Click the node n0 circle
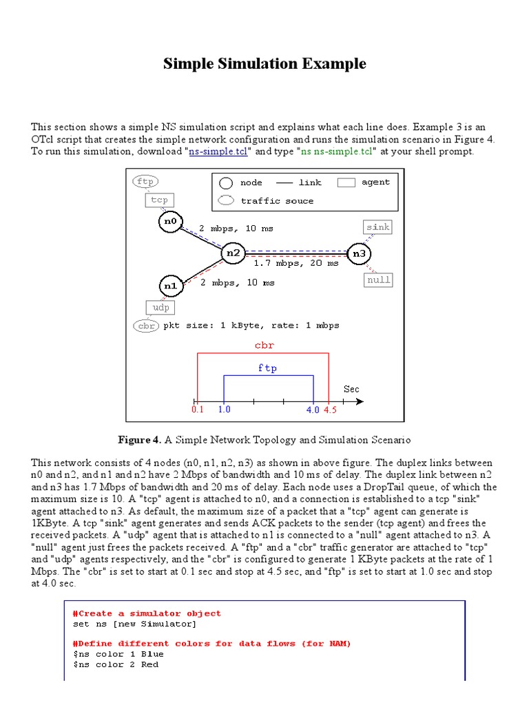[x=169, y=221]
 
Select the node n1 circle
[x=169, y=284]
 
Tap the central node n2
[x=233, y=253]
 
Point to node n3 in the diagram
[x=359, y=253]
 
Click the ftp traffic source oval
[x=145, y=182]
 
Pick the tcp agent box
[x=159, y=200]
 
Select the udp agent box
[x=160, y=307]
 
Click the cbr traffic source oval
[x=146, y=326]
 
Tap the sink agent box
[x=377, y=227]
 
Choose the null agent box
[x=378, y=280]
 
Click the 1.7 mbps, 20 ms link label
[x=296, y=263]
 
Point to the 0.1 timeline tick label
[x=198, y=410]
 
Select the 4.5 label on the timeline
[x=330, y=410]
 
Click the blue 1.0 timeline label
[x=225, y=410]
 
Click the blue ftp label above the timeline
[x=268, y=368]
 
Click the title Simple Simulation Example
[x=264, y=64]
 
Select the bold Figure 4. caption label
[x=140, y=439]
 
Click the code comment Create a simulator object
[x=147, y=613]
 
